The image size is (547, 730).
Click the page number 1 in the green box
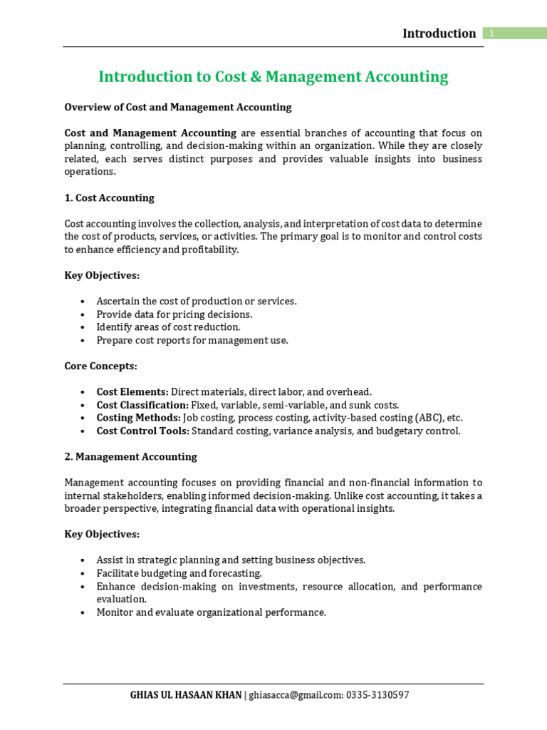pos(491,34)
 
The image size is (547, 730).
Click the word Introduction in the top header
pos(439,34)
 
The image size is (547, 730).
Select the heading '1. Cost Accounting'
pos(109,197)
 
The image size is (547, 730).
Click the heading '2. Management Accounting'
pos(130,456)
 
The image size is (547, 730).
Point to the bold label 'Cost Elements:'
pos(132,392)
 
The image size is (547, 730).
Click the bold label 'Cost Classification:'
pos(142,405)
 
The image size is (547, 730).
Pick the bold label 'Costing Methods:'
pos(139,418)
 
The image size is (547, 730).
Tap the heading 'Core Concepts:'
pos(100,366)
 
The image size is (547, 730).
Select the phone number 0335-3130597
pos(378,695)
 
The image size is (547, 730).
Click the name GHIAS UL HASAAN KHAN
pos(187,695)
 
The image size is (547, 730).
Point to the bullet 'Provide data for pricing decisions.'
pos(174,314)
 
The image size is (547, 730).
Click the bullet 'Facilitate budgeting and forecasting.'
pos(179,573)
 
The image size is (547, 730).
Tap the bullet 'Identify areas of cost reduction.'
pos(169,327)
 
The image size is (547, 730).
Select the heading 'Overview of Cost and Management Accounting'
pos(178,107)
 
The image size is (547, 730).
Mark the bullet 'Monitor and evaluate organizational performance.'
pos(211,612)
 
